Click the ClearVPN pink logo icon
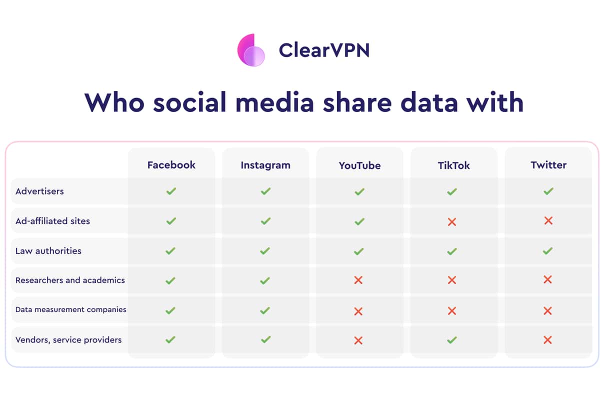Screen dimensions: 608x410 251,50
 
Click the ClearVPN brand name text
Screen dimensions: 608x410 324,50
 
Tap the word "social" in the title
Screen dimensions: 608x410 189,102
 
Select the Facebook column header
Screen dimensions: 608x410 171,165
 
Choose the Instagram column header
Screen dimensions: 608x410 265,165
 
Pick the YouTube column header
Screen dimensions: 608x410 359,165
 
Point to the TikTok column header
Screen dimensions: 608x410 454,165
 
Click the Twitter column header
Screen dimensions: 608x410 548,165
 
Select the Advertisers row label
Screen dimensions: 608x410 39,191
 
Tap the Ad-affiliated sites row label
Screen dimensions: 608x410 52,221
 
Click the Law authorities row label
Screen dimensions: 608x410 48,251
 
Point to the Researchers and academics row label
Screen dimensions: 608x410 70,280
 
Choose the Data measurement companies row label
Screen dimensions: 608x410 71,309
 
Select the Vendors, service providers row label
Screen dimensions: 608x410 68,339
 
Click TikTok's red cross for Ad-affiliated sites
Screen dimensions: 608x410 452,222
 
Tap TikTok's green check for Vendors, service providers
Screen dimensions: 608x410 452,339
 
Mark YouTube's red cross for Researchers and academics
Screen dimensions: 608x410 358,280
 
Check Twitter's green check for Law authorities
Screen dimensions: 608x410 547,251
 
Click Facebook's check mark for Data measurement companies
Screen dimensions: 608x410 170,310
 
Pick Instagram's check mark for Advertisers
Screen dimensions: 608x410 265,191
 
